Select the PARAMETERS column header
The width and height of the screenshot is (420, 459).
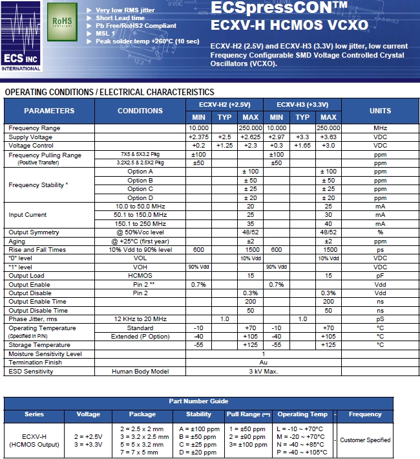(49, 111)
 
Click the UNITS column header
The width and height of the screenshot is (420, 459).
(380, 111)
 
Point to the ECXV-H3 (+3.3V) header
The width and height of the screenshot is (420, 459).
(302, 104)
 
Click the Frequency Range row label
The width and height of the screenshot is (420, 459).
(34, 128)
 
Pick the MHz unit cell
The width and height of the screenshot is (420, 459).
(380, 128)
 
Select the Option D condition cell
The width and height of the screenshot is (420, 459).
(140, 198)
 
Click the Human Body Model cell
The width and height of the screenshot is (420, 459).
(140, 372)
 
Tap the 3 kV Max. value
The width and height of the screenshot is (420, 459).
(263, 372)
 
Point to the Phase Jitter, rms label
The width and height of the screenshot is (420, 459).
(33, 319)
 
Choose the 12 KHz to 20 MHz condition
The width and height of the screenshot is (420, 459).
(140, 319)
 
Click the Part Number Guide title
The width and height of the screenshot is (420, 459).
(198, 401)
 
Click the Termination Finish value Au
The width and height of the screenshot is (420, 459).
(263, 363)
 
